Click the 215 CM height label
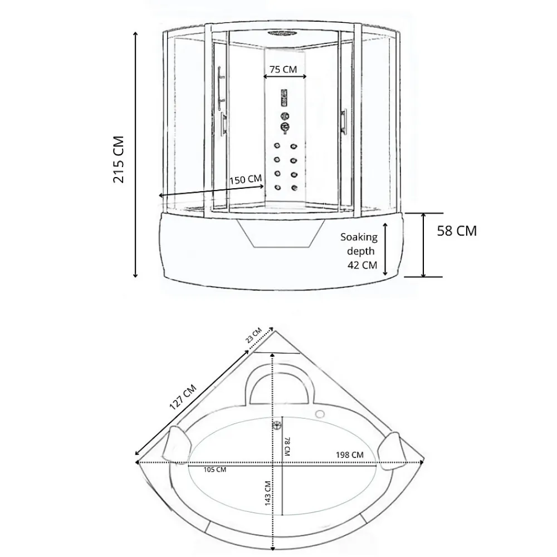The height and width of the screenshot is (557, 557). click(x=119, y=159)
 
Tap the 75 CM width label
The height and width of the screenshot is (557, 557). click(x=283, y=69)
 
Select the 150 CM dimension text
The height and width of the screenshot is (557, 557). click(x=246, y=180)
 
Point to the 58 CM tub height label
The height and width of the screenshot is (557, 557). click(x=457, y=231)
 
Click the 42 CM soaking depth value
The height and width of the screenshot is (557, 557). click(x=362, y=265)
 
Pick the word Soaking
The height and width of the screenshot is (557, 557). click(x=359, y=237)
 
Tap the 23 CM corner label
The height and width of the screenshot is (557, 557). click(x=253, y=335)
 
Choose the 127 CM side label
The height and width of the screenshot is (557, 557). click(x=183, y=397)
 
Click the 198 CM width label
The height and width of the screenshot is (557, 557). click(x=350, y=455)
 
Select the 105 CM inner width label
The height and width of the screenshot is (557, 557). click(x=214, y=470)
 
